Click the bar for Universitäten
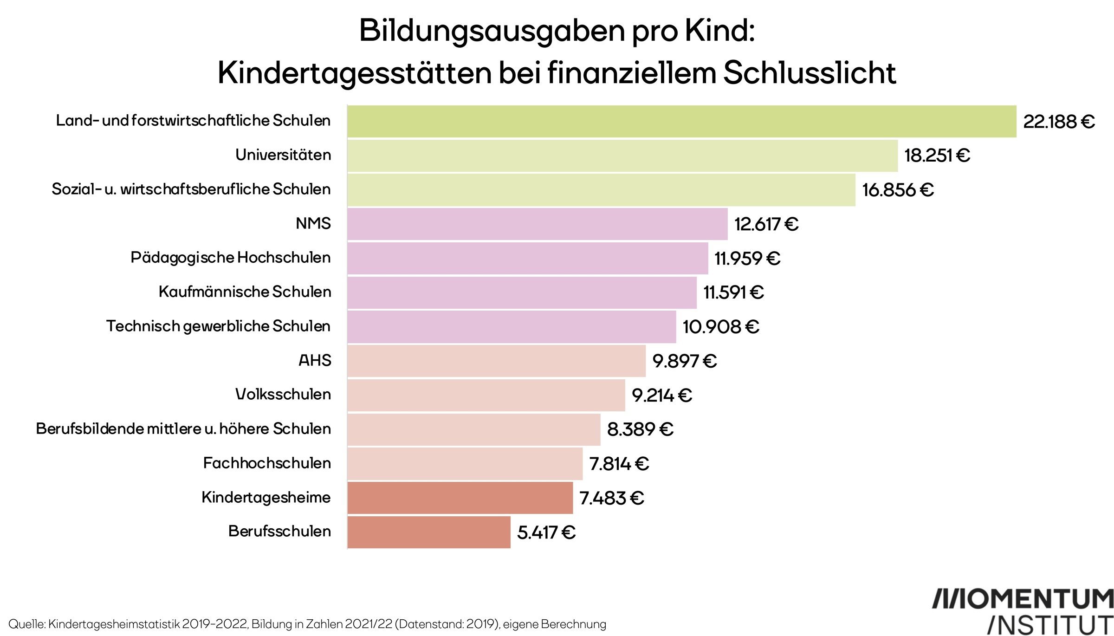[x=622, y=156]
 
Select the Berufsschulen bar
[x=429, y=532]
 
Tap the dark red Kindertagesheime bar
[x=460, y=498]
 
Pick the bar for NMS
[x=537, y=224]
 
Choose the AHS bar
[x=496, y=361]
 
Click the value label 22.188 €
[x=1059, y=122]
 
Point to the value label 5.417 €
[x=546, y=532]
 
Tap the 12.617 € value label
[x=766, y=224]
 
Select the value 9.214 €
[x=662, y=396]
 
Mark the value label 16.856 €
[x=898, y=190]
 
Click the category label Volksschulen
[x=283, y=395]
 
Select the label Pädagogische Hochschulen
[x=231, y=258]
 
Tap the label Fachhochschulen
[x=267, y=463]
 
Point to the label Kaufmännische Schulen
[x=245, y=292]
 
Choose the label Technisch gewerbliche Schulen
[x=218, y=326]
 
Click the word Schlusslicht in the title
[x=810, y=73]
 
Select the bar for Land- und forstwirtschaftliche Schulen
[x=681, y=122]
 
